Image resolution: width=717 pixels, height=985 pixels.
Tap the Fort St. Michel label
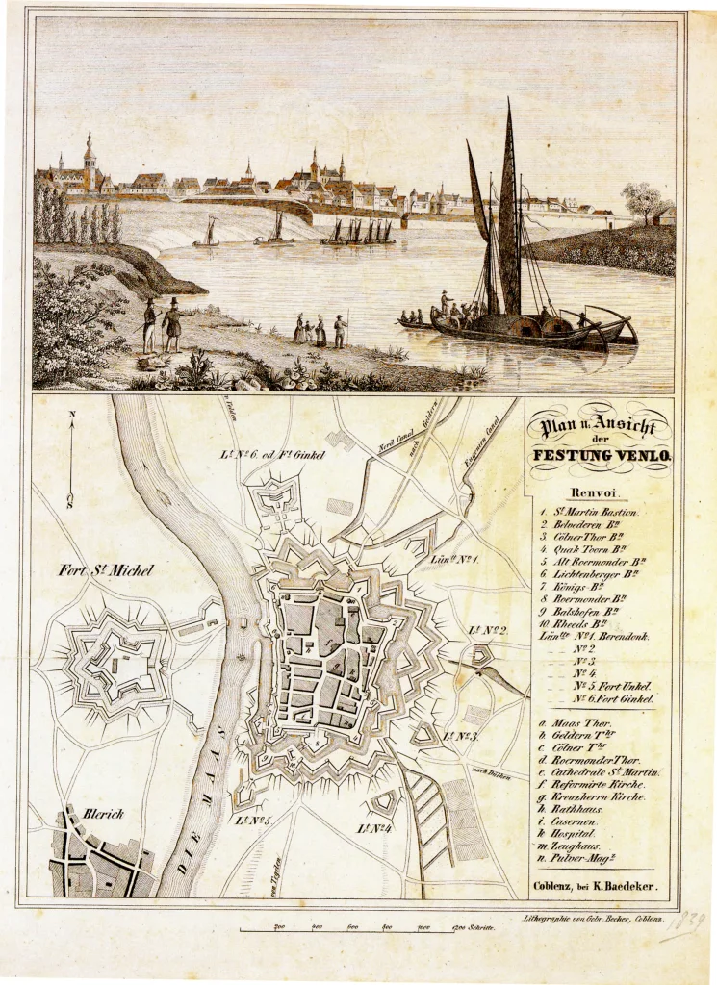pos(98,571)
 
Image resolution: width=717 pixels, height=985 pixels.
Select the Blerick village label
pos(106,813)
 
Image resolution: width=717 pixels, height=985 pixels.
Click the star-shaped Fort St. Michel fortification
pos(115,664)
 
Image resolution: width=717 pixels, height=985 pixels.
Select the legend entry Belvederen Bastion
pos(589,525)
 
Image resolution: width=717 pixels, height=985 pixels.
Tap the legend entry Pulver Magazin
pos(587,857)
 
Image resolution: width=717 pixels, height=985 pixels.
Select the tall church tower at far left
pos(90,161)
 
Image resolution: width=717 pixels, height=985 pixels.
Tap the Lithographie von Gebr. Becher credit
pos(589,919)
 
